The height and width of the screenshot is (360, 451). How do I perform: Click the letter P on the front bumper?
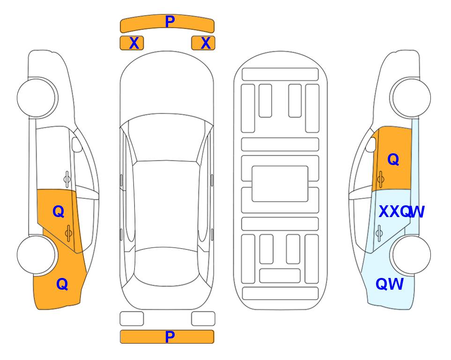170,22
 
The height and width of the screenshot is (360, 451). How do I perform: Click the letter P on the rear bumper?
170,337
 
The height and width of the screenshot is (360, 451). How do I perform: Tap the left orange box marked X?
132,43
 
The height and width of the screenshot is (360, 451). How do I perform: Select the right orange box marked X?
203,43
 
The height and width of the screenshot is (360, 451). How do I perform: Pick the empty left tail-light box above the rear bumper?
132,319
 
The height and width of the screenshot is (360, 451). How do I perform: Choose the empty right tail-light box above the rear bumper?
203,319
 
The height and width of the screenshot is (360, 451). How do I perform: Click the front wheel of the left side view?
37,98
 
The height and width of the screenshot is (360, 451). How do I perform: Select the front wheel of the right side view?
411,98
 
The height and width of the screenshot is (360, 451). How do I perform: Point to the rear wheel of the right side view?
411,255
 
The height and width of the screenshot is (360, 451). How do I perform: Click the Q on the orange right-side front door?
393,159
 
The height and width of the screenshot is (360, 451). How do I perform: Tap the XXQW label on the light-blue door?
401,212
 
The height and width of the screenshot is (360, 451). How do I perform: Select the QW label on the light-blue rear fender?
390,284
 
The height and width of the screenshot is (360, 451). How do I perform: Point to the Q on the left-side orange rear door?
59,212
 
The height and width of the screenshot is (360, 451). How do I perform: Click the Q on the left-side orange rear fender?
62,284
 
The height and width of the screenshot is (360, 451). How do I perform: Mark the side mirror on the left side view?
77,144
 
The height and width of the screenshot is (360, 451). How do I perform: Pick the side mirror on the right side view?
371,144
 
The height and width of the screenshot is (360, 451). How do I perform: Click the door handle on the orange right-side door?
381,179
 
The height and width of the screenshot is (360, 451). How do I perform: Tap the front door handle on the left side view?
67,179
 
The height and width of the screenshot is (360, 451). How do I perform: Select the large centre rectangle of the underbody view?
280,184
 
